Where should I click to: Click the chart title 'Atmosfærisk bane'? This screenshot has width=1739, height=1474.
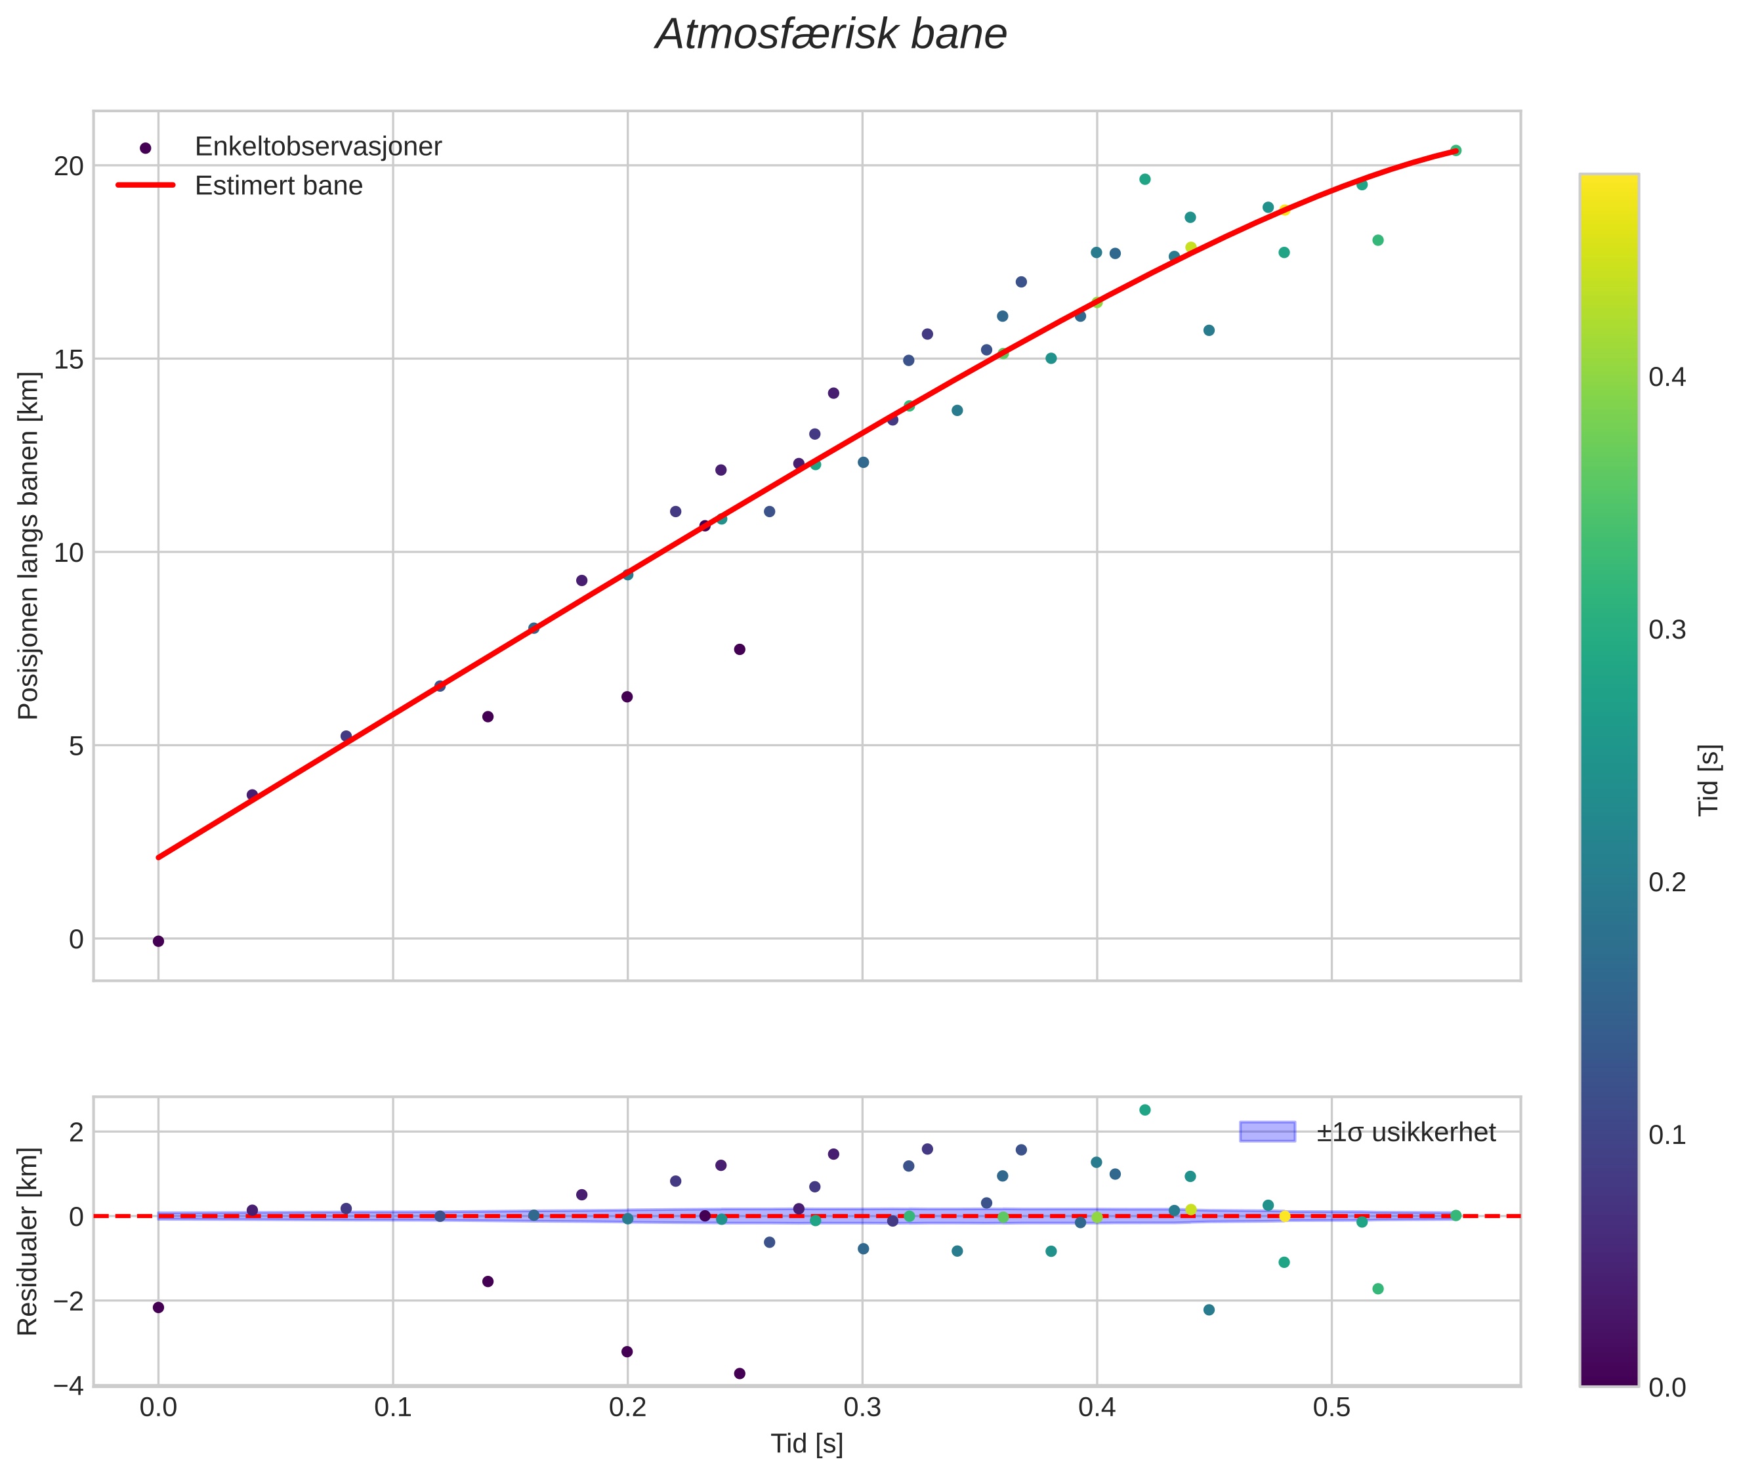831,35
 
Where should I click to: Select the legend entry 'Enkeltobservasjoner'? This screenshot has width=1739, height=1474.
318,146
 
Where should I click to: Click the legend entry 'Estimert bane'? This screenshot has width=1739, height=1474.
278,186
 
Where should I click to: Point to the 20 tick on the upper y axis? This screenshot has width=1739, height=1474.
70,166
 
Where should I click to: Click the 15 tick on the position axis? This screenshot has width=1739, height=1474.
70,359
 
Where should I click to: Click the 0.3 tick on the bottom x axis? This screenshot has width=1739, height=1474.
862,1407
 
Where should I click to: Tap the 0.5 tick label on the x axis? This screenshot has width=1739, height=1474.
1332,1407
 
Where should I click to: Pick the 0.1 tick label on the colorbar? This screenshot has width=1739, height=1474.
1667,1135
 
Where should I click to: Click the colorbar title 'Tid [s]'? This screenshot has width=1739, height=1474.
1709,779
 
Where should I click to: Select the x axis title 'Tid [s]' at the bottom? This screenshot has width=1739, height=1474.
807,1444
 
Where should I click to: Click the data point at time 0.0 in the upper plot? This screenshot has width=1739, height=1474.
158,942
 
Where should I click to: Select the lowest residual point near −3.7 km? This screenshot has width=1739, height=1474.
740,1374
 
